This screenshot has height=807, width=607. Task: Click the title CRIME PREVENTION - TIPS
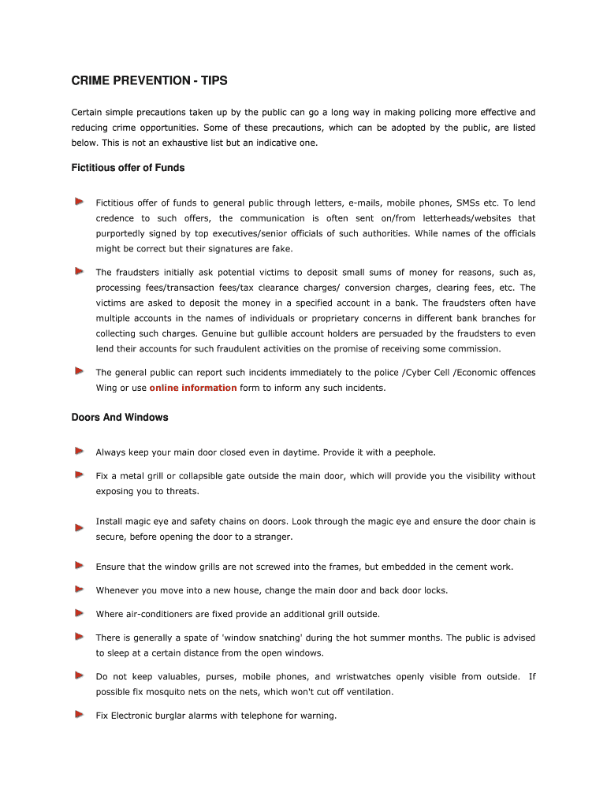tap(149, 81)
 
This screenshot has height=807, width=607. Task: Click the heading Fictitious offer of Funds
tap(128, 168)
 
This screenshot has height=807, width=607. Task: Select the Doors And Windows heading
tap(120, 417)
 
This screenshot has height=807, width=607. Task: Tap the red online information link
tap(193, 388)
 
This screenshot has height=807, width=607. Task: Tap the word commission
tap(471, 348)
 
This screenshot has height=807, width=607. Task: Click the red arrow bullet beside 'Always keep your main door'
tap(80, 452)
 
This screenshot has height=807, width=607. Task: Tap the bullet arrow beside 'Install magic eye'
tap(80, 527)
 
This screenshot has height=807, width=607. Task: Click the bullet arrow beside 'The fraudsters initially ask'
tap(80, 271)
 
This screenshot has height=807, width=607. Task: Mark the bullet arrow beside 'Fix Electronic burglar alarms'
tap(80, 715)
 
